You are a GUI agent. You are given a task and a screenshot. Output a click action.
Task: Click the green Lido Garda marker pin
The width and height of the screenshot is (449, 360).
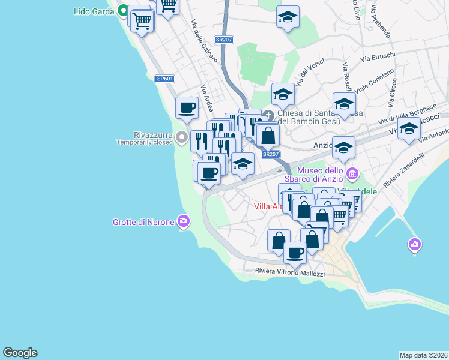[124, 11]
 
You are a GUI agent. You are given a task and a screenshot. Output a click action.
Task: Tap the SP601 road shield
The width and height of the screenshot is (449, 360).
[164, 79]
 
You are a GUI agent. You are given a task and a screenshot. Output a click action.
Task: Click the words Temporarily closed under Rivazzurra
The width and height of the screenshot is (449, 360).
[145, 143]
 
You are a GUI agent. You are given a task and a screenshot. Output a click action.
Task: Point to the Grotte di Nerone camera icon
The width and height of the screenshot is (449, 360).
[183, 221]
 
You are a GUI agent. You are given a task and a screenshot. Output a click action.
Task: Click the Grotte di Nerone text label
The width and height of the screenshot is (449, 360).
[143, 222]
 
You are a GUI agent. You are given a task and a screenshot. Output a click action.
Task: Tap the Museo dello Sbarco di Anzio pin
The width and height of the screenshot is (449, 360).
[352, 175]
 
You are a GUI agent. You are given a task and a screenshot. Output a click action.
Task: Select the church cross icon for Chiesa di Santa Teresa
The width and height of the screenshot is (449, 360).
[268, 115]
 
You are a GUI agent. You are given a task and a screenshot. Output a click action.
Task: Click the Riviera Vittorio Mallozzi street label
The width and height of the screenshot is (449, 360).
[289, 273]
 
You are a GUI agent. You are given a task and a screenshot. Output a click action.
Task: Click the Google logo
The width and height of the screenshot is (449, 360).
[20, 353]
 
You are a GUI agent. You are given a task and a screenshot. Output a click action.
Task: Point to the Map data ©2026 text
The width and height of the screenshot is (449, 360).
[423, 355]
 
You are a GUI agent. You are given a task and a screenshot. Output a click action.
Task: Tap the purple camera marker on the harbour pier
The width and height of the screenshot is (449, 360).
[414, 244]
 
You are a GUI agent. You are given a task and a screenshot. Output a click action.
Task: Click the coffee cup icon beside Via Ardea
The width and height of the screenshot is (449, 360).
[187, 108]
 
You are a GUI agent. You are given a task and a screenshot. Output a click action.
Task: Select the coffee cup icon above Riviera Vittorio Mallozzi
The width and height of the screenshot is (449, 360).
[295, 253]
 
